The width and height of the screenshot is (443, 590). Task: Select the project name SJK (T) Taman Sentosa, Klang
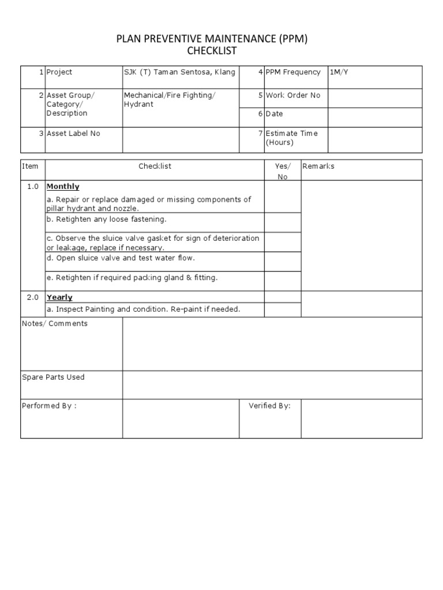point(179,72)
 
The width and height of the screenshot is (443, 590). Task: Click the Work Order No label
point(292,95)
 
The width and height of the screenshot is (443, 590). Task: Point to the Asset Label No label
point(73,133)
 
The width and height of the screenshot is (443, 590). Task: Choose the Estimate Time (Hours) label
point(291,138)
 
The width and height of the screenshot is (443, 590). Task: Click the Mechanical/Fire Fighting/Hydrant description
point(169,100)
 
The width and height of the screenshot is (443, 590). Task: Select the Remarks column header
point(318,166)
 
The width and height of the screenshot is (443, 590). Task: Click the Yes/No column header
point(283,171)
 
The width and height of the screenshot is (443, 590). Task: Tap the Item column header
point(30,166)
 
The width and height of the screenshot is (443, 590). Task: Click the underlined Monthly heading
point(63,187)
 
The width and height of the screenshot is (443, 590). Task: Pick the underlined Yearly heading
point(59,297)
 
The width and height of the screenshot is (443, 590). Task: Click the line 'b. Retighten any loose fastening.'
point(106,220)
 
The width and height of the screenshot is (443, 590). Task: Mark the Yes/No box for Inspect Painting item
point(283,309)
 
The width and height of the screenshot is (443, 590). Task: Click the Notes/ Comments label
point(55,324)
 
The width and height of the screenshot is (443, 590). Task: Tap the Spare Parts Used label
point(53,377)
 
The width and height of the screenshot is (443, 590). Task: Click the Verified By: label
point(269,406)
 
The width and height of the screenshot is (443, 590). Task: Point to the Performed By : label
point(49,406)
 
